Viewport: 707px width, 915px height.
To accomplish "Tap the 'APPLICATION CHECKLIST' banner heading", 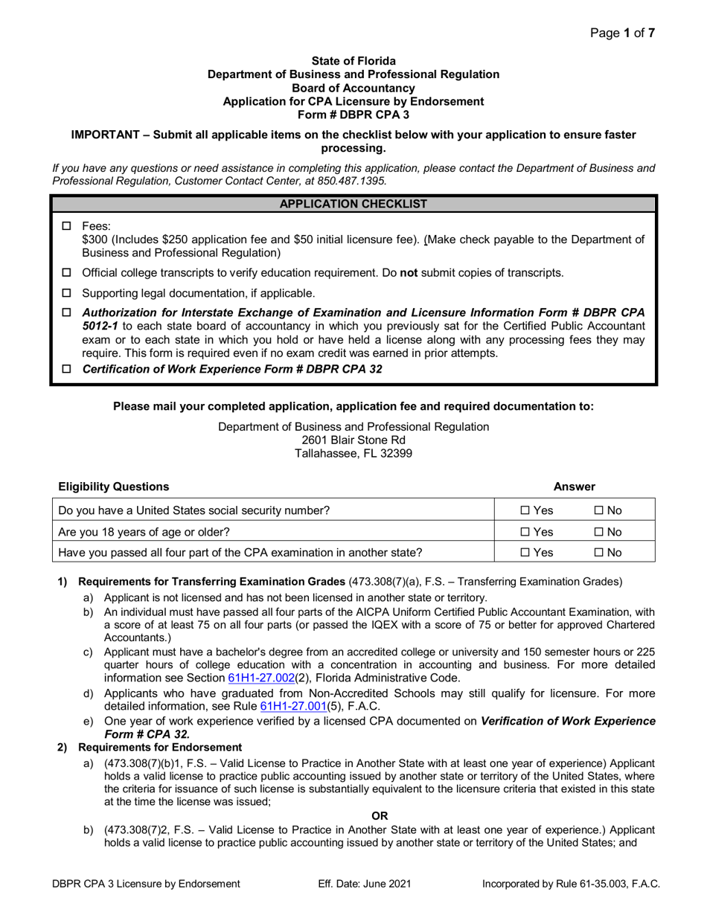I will (x=353, y=203).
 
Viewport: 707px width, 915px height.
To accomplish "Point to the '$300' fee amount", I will (x=95, y=240).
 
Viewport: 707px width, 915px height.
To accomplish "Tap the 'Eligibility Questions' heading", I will (x=114, y=487).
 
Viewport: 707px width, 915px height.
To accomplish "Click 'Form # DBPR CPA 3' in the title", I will (x=353, y=115).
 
